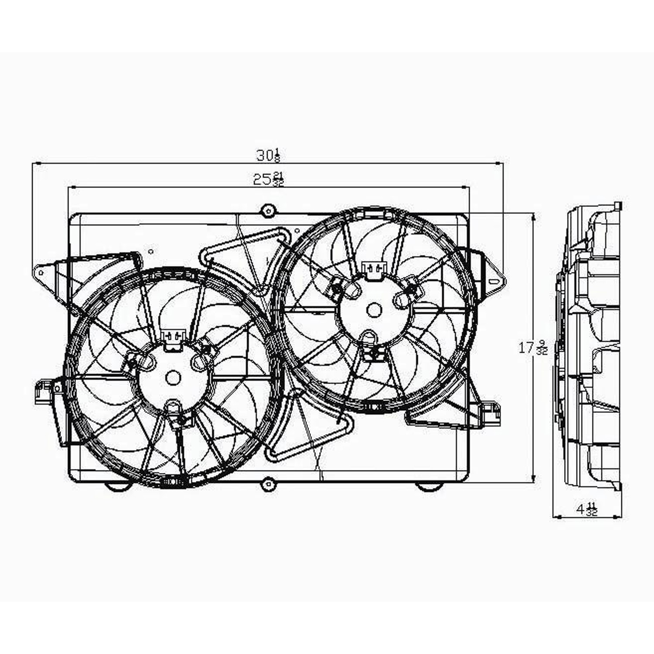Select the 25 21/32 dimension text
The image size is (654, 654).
coord(268,179)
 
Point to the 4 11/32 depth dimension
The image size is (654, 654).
coord(586,509)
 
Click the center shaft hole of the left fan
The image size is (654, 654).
coord(173,378)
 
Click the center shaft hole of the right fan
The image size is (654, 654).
coord(374,310)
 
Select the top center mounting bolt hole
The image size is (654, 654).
coord(268,211)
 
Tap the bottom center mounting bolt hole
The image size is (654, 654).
coord(269,483)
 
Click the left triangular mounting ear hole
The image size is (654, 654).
coord(41,273)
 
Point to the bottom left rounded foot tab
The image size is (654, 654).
coord(118,486)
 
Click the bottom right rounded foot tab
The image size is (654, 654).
coord(428,486)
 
